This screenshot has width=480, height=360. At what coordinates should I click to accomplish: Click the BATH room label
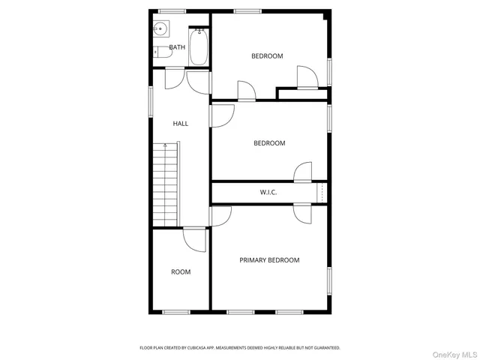tap(177, 47)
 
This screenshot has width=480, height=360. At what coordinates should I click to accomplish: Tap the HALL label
tap(181, 124)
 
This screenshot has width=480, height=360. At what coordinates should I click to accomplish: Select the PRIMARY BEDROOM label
tap(269, 260)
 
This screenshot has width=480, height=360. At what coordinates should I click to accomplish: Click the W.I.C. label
tap(268, 193)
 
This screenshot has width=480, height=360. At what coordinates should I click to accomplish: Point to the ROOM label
tap(181, 272)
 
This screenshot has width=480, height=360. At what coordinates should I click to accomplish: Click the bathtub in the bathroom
tap(198, 46)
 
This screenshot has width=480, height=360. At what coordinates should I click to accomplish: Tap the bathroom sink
tap(160, 30)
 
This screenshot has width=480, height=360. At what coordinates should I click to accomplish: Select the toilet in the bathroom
tap(157, 52)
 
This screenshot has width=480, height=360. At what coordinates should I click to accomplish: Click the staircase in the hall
tap(166, 184)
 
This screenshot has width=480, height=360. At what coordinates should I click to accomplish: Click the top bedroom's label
tap(267, 56)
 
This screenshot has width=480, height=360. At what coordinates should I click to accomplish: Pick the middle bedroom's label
tap(269, 143)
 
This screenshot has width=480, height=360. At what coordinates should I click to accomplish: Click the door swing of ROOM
tap(193, 240)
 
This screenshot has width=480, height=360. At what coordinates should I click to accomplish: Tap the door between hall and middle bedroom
tap(221, 115)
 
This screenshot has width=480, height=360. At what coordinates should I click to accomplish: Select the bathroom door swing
tap(174, 79)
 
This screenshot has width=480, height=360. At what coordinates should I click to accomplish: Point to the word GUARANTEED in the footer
tap(324, 348)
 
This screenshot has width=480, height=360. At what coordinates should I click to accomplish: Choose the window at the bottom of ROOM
tap(176, 311)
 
